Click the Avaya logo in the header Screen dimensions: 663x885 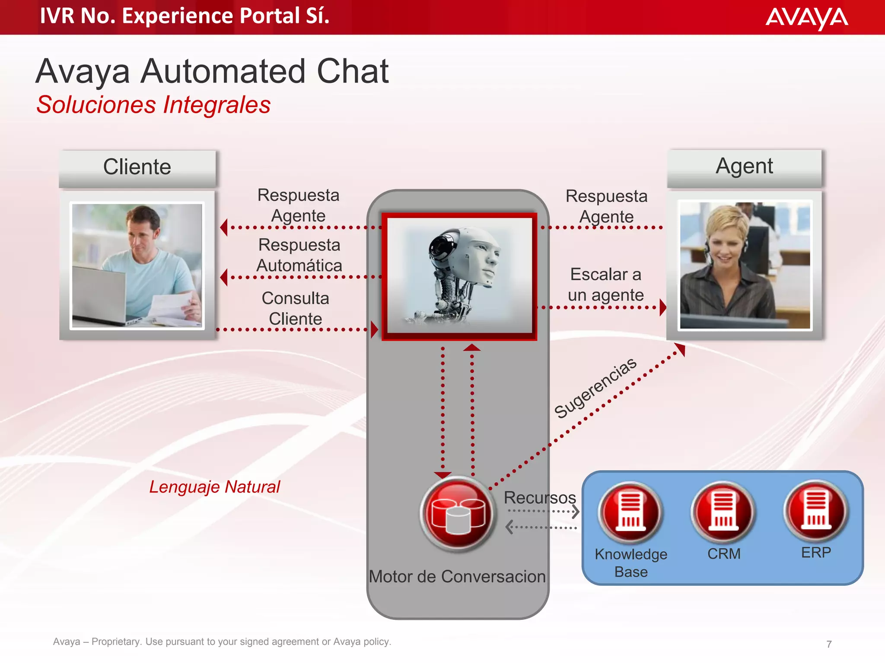click(x=806, y=18)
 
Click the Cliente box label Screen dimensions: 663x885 click(x=137, y=167)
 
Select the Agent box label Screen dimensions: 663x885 click(x=744, y=166)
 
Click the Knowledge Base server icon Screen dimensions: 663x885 click(x=630, y=511)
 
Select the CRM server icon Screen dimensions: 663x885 click(x=723, y=511)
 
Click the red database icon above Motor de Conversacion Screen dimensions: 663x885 click(x=458, y=514)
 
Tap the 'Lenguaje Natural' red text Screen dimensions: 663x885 click(x=214, y=487)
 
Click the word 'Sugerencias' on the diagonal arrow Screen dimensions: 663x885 click(x=595, y=388)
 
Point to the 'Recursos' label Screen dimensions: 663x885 click(x=540, y=498)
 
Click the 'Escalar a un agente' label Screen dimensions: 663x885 click(x=606, y=285)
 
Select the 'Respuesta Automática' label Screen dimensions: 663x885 click(x=299, y=255)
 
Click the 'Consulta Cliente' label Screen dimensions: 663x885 click(x=296, y=309)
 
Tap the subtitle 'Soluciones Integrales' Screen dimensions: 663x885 click(x=153, y=105)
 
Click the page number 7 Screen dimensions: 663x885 click(x=829, y=644)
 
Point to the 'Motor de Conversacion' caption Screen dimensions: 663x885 click(x=457, y=577)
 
